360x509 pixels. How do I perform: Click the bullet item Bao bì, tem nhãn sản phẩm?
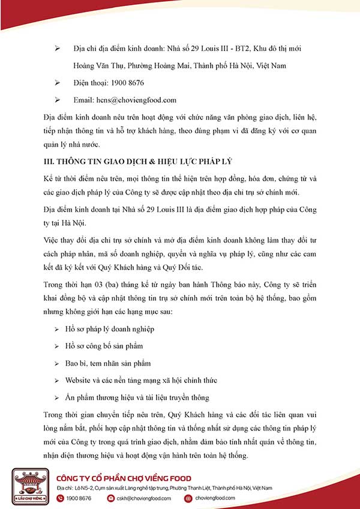(99, 363)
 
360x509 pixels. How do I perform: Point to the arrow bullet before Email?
(58, 100)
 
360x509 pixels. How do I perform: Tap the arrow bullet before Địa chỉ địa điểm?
(58, 47)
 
